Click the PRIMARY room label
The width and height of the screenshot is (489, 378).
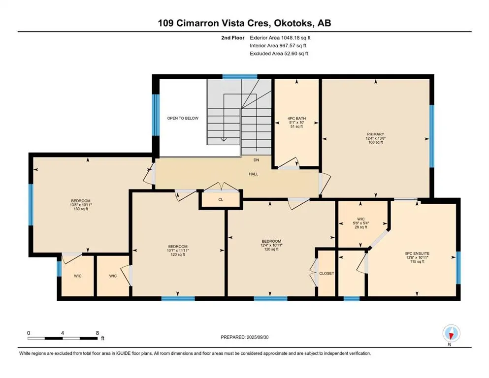tap(375, 134)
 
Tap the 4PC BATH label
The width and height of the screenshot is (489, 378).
tap(296, 119)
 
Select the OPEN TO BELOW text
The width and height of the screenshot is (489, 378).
tap(183, 118)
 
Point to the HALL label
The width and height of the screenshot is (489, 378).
tap(254, 174)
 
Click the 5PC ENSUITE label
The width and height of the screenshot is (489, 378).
tap(417, 253)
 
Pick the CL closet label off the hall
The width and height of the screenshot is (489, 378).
tap(221, 199)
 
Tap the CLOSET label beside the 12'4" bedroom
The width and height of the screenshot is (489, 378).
tap(326, 273)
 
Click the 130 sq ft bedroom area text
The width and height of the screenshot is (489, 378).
tap(81, 209)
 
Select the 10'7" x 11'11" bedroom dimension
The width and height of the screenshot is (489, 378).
tap(178, 250)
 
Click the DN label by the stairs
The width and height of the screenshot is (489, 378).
tap(257, 160)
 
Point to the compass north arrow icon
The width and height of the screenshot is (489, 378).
tap(451, 334)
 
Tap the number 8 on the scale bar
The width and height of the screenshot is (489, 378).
tap(98, 333)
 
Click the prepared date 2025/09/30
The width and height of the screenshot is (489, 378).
tap(257, 337)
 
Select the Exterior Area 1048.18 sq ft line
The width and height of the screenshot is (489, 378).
tap(280, 38)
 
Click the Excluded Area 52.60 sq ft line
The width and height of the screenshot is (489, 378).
tap(279, 53)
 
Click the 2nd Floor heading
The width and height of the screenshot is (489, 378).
tap(232, 38)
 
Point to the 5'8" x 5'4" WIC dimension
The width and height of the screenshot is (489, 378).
tap(361, 223)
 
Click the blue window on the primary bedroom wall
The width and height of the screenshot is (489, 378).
tap(431, 136)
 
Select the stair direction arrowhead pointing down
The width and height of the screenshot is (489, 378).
tap(224, 139)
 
